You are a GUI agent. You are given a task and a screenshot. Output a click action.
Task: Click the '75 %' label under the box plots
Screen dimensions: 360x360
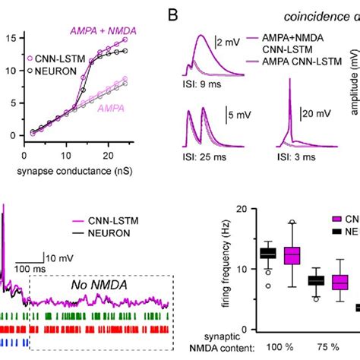(x=328, y=348)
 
